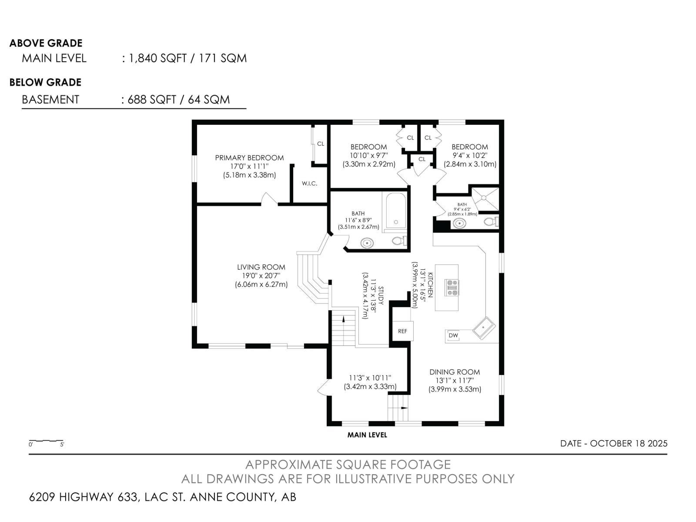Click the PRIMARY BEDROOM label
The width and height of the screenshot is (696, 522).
(249, 158)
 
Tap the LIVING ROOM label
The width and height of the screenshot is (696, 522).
(261, 267)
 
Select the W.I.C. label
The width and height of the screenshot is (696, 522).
(309, 184)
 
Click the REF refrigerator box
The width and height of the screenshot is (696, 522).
(403, 331)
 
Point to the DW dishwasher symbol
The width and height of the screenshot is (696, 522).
(453, 335)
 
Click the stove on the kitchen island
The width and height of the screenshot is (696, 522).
(452, 288)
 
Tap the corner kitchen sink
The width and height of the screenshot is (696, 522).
(484, 328)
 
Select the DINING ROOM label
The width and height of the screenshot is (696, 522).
(455, 372)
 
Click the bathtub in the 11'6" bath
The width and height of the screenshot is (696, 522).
(396, 211)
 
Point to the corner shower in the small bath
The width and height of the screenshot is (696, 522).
(485, 199)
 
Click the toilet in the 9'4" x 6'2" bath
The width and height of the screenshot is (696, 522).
(491, 221)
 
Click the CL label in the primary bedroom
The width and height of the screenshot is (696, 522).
(321, 144)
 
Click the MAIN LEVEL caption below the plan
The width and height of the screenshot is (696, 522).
(367, 435)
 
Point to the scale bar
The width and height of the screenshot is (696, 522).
(46, 441)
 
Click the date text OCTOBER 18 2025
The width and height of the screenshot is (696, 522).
(629, 443)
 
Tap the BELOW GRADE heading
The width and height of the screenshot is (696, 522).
(45, 82)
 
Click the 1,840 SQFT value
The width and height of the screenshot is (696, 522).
(157, 58)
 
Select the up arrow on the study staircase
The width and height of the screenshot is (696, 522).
(343, 319)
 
